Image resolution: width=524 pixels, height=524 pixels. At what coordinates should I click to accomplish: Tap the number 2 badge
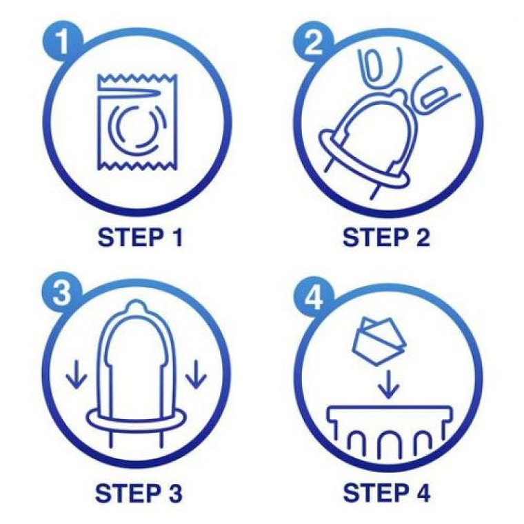pyautogui.click(x=313, y=43)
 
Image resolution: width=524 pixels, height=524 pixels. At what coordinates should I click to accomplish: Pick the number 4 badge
pyautogui.click(x=313, y=295)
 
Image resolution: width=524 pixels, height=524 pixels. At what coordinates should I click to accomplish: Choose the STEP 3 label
pyautogui.click(x=139, y=494)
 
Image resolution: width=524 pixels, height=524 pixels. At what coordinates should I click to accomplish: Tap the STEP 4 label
pyautogui.click(x=386, y=494)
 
